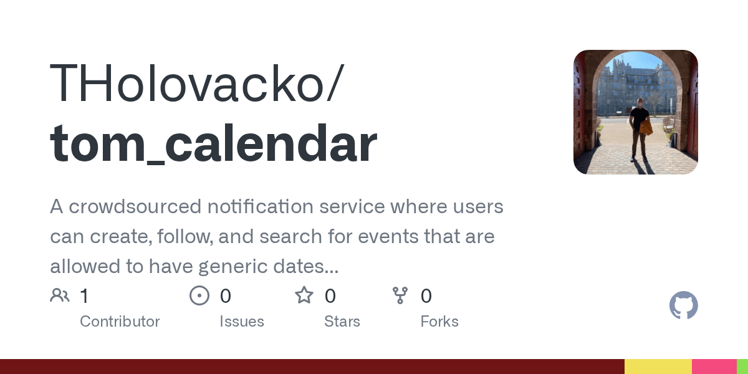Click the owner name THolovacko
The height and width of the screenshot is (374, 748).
point(187,82)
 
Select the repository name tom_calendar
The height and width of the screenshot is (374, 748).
point(214,143)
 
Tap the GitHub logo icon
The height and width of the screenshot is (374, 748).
point(684,305)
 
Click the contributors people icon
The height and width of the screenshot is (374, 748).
point(60,295)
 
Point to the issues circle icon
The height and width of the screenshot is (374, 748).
point(199,295)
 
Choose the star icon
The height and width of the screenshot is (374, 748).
point(304,295)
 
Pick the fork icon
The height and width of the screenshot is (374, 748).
point(400,295)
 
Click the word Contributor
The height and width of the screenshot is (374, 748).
point(120,321)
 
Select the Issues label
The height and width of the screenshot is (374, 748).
point(242,321)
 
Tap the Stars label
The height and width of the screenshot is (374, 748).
point(342,321)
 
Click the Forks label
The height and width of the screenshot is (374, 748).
point(439,321)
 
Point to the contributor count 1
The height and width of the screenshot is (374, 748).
point(85,296)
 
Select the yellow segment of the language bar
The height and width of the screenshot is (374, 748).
point(658,367)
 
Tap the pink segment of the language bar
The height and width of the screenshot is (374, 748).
point(714,367)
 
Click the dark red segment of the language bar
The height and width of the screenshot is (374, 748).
point(312,367)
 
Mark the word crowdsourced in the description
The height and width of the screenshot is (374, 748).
point(135,206)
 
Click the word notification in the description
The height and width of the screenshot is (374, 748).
point(261,206)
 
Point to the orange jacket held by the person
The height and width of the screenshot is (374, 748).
point(646,128)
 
